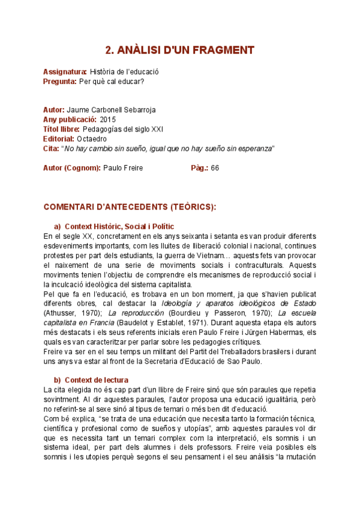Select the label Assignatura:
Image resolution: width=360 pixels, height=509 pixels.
pyautogui.click(x=65, y=72)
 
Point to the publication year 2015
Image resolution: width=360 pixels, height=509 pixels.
pyautogui.click(x=108, y=120)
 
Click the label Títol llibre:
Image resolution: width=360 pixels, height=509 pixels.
pyautogui.click(x=61, y=129)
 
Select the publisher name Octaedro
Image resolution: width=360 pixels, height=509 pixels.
pyautogui.click(x=92, y=139)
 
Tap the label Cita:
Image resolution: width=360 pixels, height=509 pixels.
pyautogui.click(x=51, y=148)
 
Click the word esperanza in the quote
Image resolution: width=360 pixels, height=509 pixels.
pyautogui.click(x=254, y=148)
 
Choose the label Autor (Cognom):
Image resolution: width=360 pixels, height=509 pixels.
pyautogui.click(x=71, y=168)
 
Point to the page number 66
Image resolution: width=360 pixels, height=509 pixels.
pyautogui.click(x=215, y=168)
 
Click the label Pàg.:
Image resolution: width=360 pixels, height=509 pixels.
pyautogui.click(x=199, y=168)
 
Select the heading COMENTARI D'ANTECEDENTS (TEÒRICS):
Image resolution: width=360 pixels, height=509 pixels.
pyautogui.click(x=130, y=207)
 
